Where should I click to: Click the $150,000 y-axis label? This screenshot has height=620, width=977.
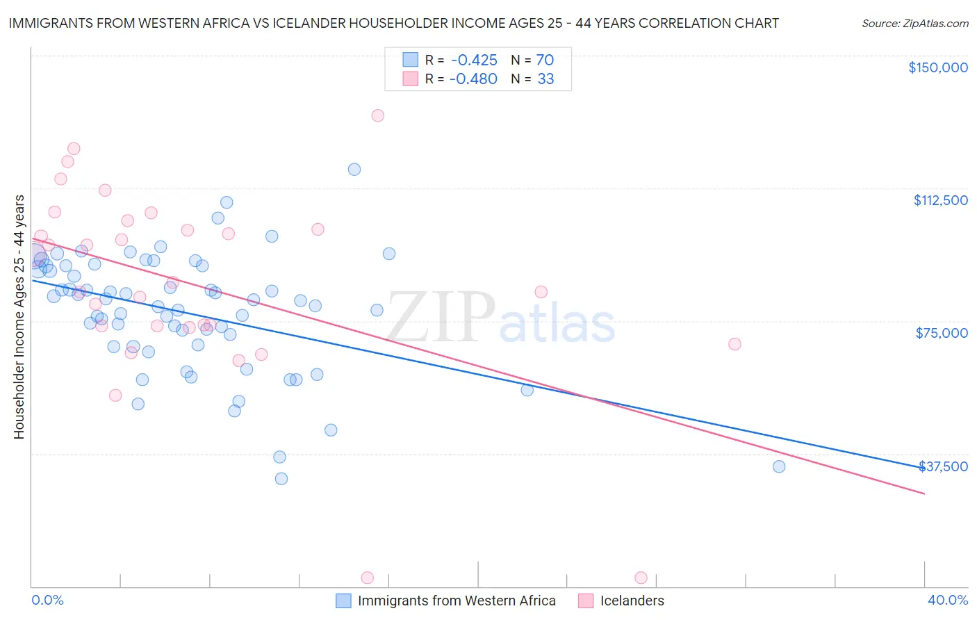937,67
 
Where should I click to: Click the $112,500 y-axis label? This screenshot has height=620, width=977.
940,200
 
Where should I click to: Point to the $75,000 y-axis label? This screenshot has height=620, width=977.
942,333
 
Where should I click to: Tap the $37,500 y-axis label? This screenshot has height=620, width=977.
943,466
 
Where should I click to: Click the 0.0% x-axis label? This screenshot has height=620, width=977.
47,600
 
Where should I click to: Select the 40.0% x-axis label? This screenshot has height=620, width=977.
947,600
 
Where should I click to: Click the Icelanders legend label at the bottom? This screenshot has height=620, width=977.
632,601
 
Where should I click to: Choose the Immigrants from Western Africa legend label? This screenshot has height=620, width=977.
456,601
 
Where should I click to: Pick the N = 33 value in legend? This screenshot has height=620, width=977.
533,79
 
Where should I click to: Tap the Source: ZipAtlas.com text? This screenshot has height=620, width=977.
914,24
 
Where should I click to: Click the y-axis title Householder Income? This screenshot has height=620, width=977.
19,317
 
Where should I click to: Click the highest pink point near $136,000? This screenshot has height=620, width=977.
377,115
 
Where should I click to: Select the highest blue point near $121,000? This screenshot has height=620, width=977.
354,170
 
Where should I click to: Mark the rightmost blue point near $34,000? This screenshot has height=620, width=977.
779,466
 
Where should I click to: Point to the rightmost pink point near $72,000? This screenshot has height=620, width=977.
734,344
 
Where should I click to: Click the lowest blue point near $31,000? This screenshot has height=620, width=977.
281,479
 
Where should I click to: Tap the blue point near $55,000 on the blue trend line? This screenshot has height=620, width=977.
527,390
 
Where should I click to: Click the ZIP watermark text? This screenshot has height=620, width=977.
441,317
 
